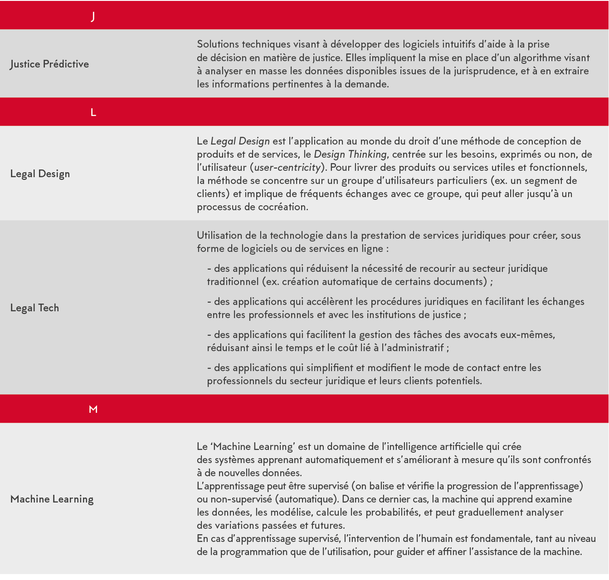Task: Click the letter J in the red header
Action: (93, 17)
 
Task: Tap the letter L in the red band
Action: (93, 112)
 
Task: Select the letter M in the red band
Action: (93, 409)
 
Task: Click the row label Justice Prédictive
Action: (49, 64)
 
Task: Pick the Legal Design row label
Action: (40, 174)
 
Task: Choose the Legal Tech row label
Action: (34, 308)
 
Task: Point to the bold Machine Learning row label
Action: (52, 499)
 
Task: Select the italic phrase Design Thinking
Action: (350, 155)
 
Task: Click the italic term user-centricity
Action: (287, 168)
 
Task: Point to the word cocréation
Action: (283, 207)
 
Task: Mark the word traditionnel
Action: (233, 282)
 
